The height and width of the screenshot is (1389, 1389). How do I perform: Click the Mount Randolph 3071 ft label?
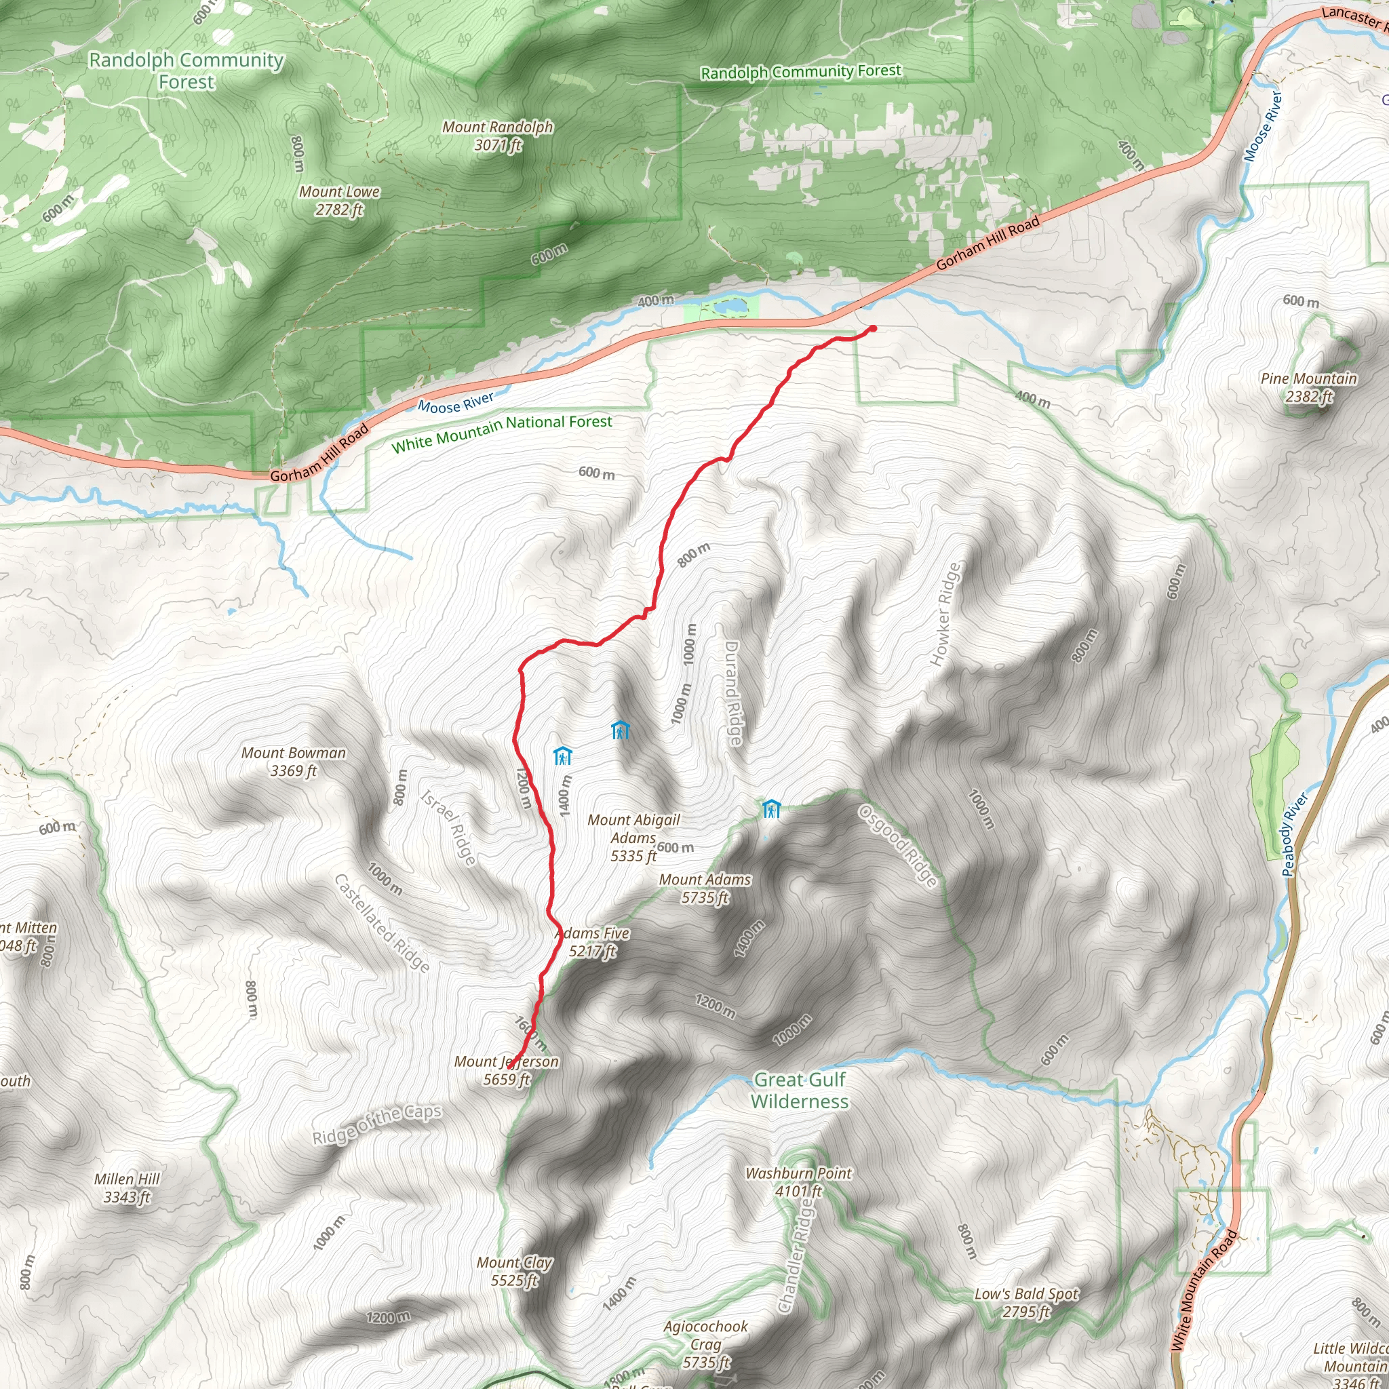pyautogui.click(x=498, y=136)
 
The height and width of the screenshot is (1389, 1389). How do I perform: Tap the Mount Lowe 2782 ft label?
pyautogui.click(x=339, y=201)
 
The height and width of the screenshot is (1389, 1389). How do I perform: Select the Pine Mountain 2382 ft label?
pyautogui.click(x=1309, y=387)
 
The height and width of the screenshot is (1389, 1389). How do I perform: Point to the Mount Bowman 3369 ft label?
pyautogui.click(x=293, y=762)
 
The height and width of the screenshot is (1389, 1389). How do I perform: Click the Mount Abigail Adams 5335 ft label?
pyautogui.click(x=633, y=838)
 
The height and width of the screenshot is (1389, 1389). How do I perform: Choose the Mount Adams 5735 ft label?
pyautogui.click(x=705, y=888)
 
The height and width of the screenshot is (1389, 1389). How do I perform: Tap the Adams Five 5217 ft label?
pyautogui.click(x=593, y=942)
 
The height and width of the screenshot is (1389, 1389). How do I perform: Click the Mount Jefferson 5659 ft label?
pyautogui.click(x=506, y=1070)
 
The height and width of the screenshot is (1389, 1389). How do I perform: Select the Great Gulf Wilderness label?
pyautogui.click(x=800, y=1091)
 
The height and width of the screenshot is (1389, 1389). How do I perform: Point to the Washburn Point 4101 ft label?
pyautogui.click(x=798, y=1182)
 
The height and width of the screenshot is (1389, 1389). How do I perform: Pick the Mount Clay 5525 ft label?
pyautogui.click(x=515, y=1271)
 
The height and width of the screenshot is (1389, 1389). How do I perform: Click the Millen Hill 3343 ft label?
pyautogui.click(x=128, y=1188)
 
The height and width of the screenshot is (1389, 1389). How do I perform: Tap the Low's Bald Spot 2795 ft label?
pyautogui.click(x=1027, y=1303)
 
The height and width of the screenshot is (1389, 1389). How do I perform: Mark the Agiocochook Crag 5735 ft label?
pyautogui.click(x=706, y=1344)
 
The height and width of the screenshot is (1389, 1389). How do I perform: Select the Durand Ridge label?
pyautogui.click(x=732, y=693)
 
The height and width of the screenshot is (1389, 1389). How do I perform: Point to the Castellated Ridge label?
pyautogui.click(x=383, y=924)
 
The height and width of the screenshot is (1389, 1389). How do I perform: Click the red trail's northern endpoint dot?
pyautogui.click(x=873, y=328)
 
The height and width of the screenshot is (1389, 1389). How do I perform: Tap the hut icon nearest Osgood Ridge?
pyautogui.click(x=771, y=809)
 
